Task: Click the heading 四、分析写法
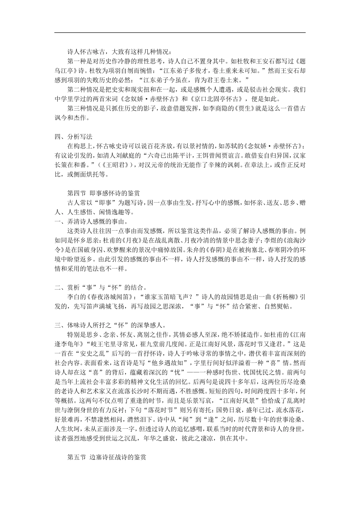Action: click(74, 137)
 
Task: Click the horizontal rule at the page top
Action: click(180, 33)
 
